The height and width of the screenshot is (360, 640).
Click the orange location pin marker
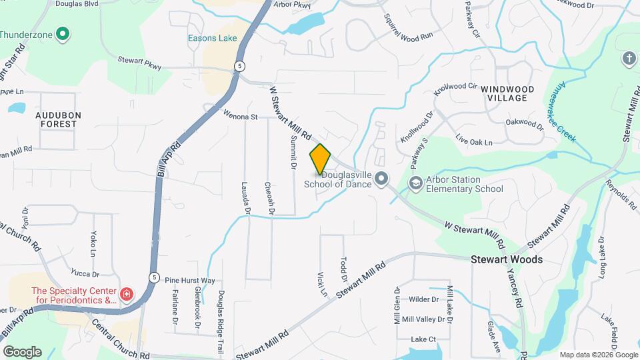(x=320, y=159)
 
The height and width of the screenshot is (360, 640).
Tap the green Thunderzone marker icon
(x=63, y=33)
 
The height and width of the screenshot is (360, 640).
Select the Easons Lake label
(x=212, y=38)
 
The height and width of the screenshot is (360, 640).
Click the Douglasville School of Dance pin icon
(x=381, y=179)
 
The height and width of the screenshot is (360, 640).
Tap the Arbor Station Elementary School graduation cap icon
(x=417, y=183)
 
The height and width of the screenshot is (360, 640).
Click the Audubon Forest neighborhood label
(x=58, y=119)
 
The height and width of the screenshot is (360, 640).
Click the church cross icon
(x=628, y=59)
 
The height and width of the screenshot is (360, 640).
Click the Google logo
(x=21, y=351)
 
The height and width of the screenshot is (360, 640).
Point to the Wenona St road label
(x=240, y=116)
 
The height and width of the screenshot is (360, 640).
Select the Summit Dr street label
(x=293, y=150)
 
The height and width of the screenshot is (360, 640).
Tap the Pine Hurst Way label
(x=190, y=281)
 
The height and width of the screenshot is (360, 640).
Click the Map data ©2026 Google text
(x=597, y=355)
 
